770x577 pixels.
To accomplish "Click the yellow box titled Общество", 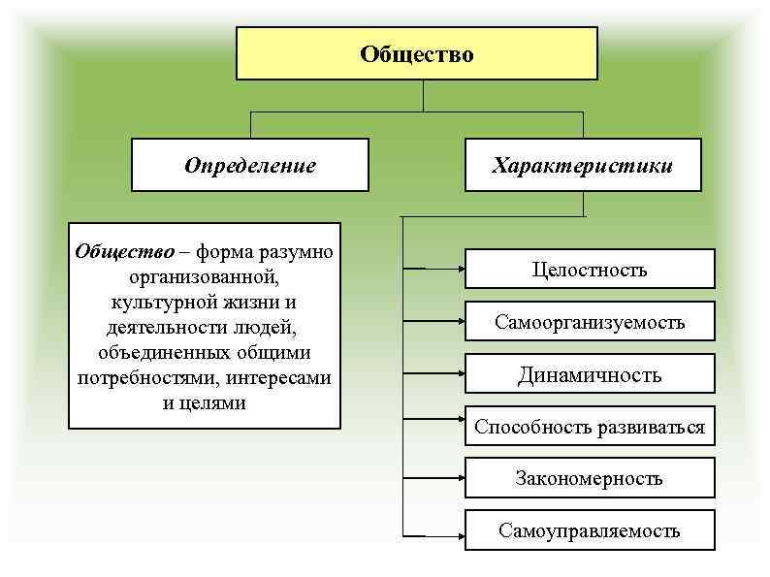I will (x=417, y=54).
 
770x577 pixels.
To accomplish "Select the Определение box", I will (x=250, y=165).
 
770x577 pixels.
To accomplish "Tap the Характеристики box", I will (x=582, y=165).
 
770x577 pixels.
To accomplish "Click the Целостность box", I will (x=590, y=270).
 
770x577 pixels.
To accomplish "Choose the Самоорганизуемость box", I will (x=590, y=322).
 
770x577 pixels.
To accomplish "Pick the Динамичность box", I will (x=590, y=374).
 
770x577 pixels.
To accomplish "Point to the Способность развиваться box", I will (x=590, y=427).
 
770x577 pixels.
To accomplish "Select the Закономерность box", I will (x=590, y=478).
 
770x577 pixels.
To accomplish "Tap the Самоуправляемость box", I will (x=590, y=530).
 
